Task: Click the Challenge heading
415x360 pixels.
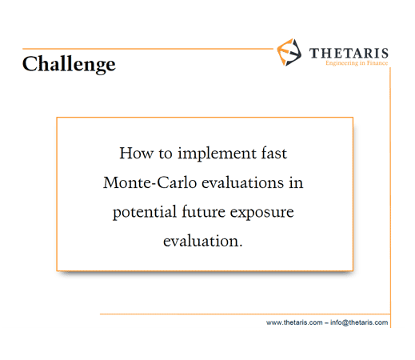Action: click(x=69, y=64)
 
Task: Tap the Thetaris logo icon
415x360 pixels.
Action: click(x=289, y=52)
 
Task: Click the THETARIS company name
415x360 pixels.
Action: click(x=349, y=54)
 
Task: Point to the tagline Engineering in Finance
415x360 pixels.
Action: click(x=357, y=63)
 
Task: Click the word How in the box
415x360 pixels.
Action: click(x=136, y=154)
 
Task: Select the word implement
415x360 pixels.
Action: click(x=217, y=154)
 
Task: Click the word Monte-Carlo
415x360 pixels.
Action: click(x=150, y=182)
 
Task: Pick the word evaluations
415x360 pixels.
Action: click(x=243, y=182)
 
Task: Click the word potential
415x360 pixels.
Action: click(x=145, y=213)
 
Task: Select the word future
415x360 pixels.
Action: click(x=204, y=212)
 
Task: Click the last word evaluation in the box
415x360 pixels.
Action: click(x=201, y=241)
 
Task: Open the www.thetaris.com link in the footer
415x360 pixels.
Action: click(x=294, y=322)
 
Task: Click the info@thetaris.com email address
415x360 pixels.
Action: click(x=359, y=322)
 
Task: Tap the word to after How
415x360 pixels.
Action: click(x=166, y=154)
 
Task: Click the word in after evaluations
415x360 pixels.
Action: click(x=296, y=182)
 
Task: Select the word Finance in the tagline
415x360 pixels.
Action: click(x=377, y=63)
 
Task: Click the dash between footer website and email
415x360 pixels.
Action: click(x=326, y=323)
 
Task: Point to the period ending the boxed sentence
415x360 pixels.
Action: click(x=241, y=246)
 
